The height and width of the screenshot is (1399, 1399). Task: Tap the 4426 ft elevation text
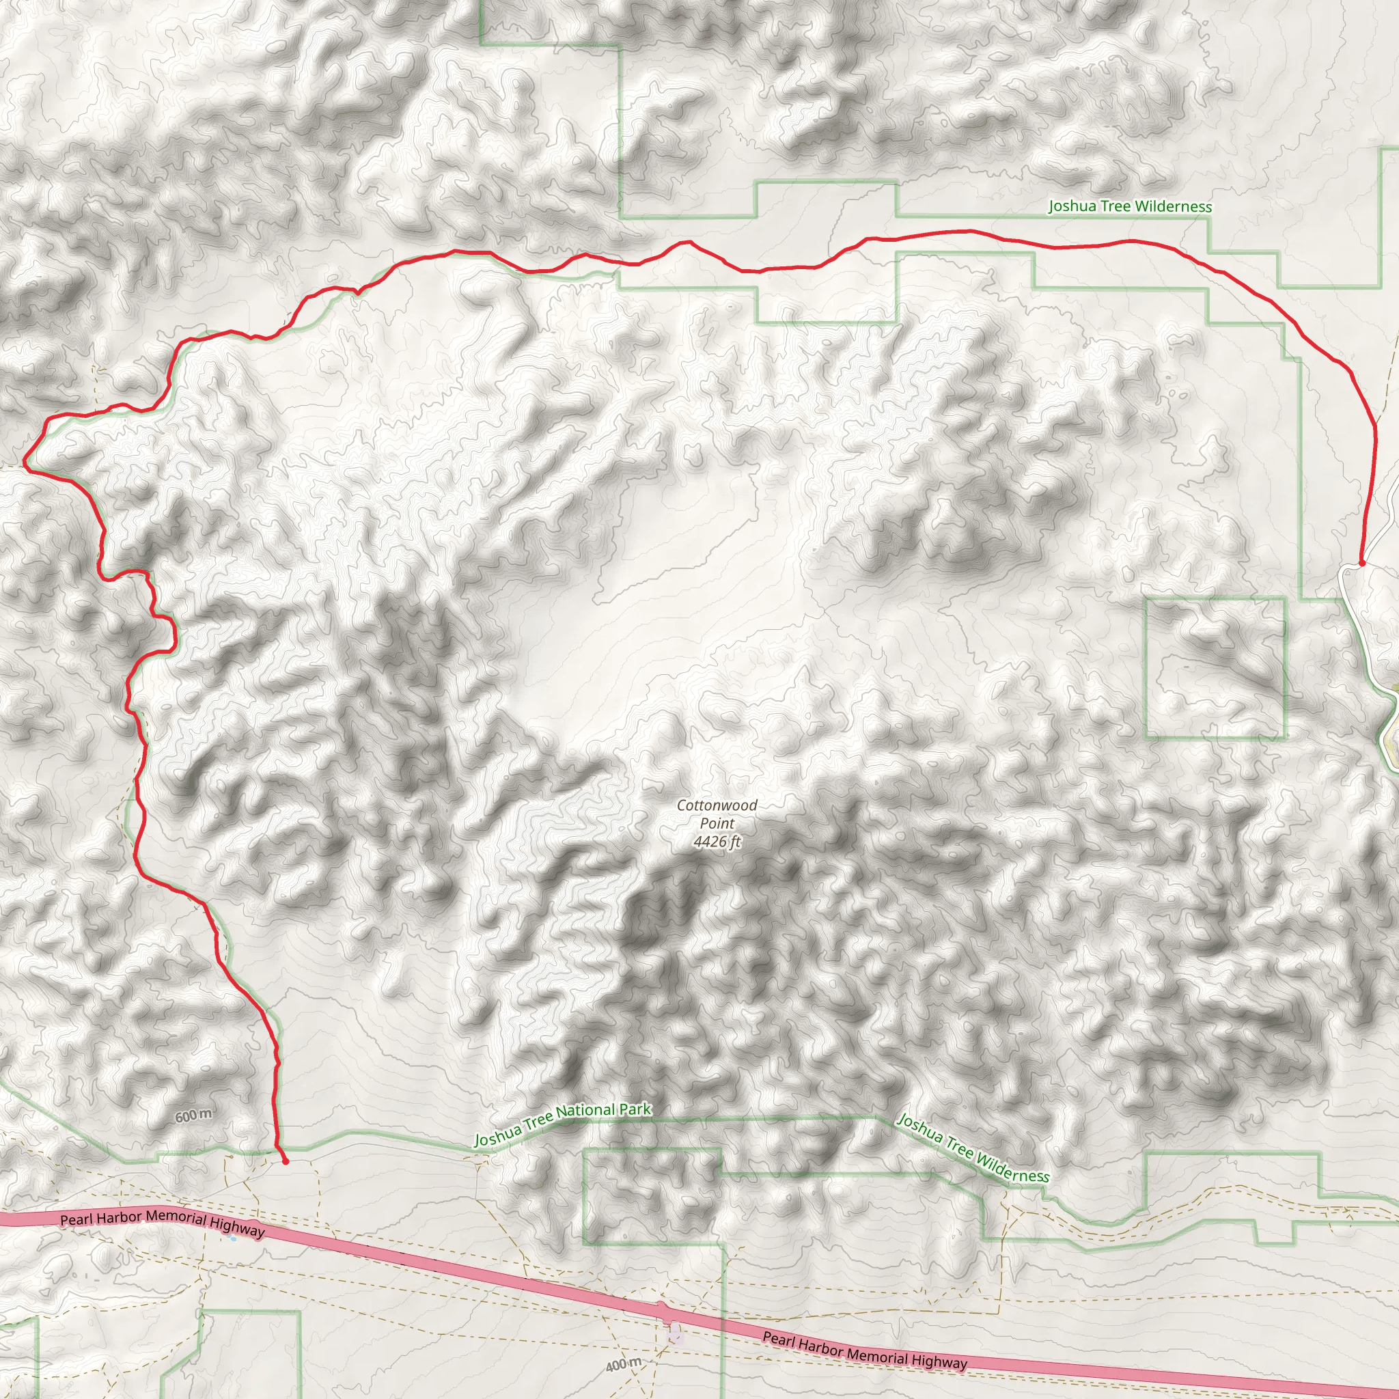point(717,842)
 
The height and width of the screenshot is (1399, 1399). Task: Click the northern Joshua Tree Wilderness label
point(1130,206)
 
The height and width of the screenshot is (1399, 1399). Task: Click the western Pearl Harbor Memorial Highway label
point(162,1223)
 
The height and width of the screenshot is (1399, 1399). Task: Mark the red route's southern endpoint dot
point(286,1161)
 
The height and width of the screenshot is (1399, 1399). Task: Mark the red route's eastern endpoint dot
point(1361,563)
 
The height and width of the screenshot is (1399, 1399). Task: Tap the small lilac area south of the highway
point(676,1332)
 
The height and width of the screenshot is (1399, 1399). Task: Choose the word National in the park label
point(586,1114)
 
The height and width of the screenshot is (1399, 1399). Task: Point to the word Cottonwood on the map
point(717,805)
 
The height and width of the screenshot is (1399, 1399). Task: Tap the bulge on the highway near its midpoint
point(661,1307)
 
